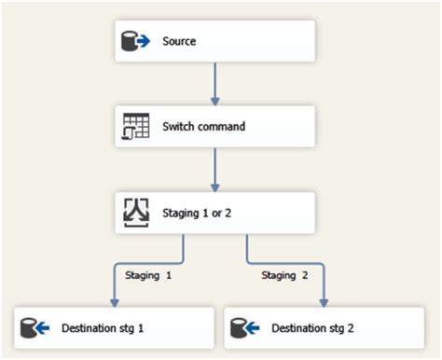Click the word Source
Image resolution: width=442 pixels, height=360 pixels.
(179, 42)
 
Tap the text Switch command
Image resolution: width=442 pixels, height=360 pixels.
(203, 126)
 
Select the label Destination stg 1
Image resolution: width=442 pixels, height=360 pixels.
(103, 328)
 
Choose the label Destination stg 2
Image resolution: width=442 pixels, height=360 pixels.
(312, 328)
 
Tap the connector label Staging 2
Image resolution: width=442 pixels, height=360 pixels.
(283, 275)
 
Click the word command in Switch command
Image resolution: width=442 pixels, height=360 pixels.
(221, 126)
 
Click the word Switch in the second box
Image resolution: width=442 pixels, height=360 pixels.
(177, 126)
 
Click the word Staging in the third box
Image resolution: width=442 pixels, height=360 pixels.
(181, 213)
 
